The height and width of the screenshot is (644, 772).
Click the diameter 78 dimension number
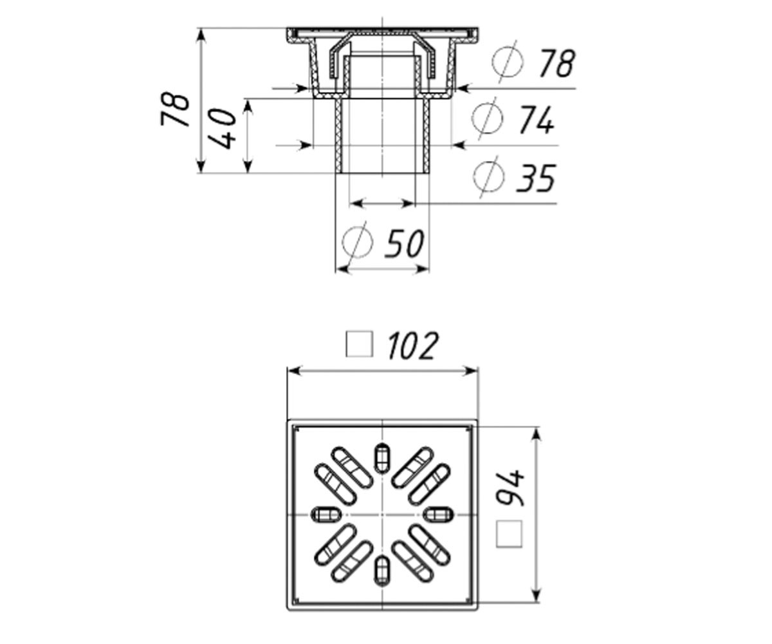tap(558, 64)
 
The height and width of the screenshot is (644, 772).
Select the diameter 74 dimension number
tap(537, 120)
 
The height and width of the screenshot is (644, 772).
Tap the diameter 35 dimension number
tap(536, 178)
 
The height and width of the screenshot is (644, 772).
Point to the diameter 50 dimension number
tap(404, 243)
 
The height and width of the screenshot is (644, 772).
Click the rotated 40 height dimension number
tap(222, 128)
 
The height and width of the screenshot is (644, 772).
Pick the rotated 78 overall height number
tap(175, 109)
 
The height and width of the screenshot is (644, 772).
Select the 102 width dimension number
tap(414, 345)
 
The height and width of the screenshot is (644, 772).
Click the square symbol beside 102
tap(359, 345)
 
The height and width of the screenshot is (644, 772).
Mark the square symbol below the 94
tap(509, 533)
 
